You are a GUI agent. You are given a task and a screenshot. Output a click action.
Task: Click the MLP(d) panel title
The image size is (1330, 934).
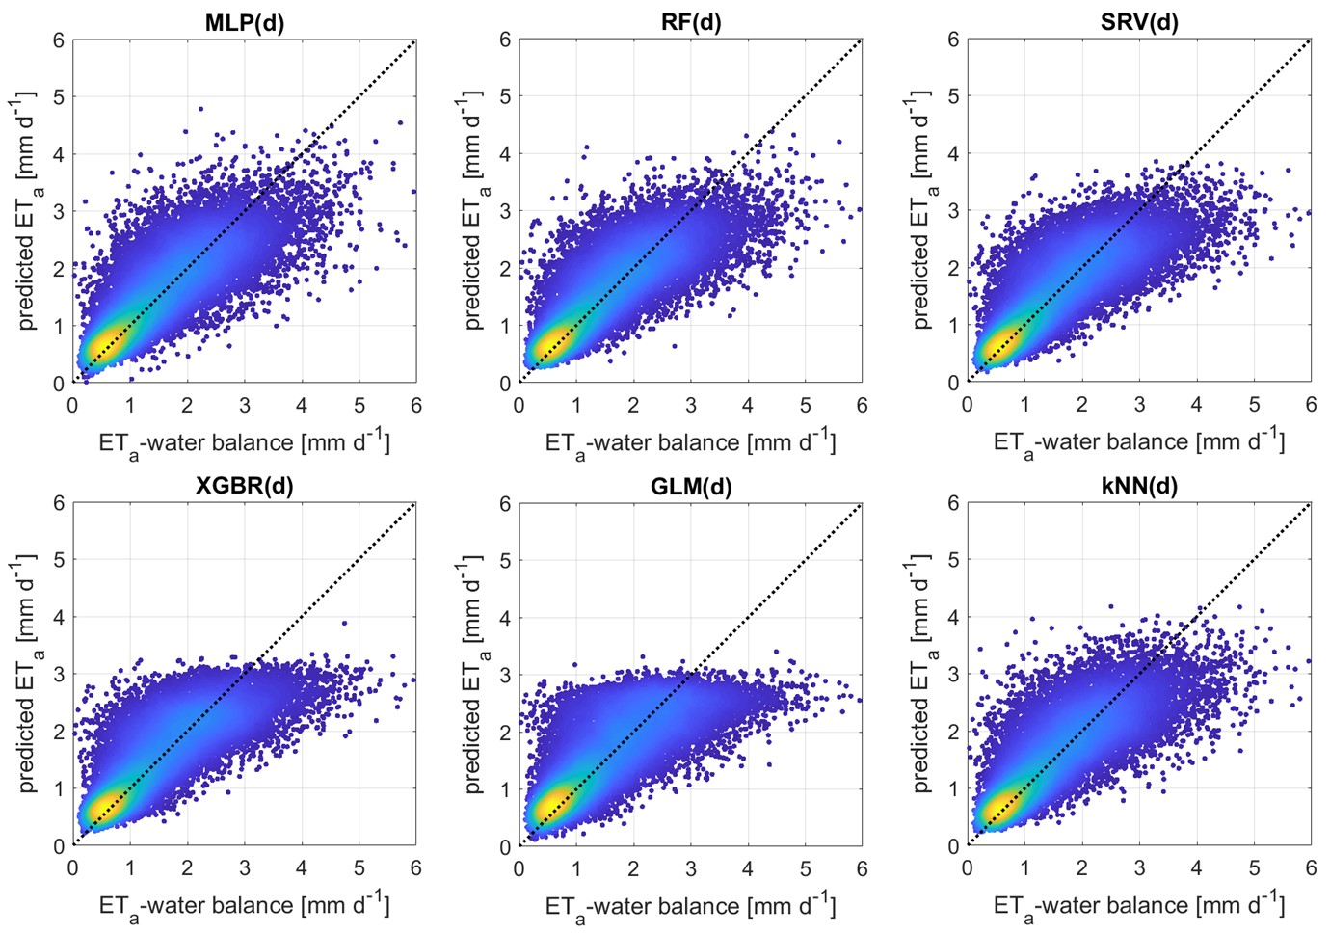[x=245, y=22]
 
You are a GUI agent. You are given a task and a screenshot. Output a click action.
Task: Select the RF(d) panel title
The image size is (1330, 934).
[x=691, y=22]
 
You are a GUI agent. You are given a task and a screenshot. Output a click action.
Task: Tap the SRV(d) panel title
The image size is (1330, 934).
[x=1139, y=22]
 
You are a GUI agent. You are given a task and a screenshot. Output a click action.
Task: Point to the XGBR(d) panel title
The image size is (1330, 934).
[x=245, y=485]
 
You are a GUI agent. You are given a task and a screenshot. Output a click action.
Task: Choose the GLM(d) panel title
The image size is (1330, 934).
[x=691, y=486]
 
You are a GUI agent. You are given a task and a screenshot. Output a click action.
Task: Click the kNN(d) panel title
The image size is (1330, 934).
[x=1139, y=485]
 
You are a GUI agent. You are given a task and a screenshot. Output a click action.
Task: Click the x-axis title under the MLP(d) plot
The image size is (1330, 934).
[x=244, y=443]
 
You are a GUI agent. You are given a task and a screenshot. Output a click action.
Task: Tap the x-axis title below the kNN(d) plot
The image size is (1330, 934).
[x=1139, y=906]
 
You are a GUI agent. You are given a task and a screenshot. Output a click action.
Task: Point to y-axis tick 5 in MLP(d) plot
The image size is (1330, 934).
[x=59, y=96]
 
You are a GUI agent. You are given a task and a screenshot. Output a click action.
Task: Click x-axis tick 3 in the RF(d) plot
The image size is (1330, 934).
[x=691, y=406]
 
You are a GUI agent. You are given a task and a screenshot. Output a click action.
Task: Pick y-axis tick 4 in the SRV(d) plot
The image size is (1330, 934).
[x=953, y=153]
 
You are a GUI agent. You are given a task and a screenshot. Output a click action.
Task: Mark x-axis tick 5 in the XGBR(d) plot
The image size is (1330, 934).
[x=359, y=868]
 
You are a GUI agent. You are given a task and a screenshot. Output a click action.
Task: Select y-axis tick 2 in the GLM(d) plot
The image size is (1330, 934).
[x=505, y=733]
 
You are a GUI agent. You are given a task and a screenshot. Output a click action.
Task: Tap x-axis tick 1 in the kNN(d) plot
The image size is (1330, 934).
[x=1024, y=868]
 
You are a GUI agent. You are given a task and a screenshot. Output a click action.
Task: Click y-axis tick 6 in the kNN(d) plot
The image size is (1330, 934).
[x=953, y=502]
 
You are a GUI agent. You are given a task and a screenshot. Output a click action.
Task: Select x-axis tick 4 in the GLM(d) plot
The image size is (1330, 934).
[x=748, y=868]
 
